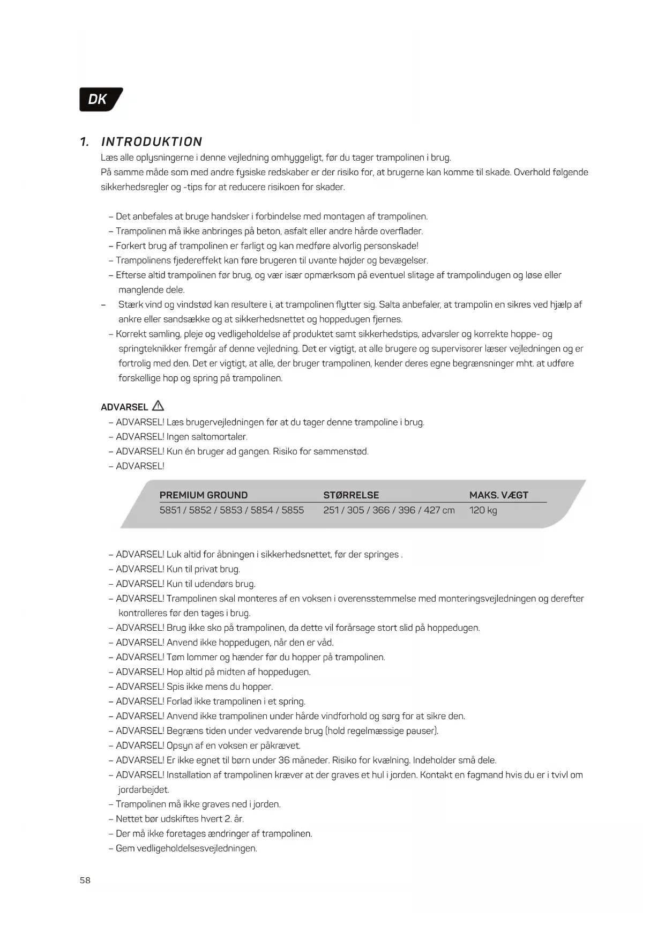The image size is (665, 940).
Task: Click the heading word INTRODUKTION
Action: (x=152, y=142)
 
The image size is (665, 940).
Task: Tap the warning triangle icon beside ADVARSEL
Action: (x=158, y=406)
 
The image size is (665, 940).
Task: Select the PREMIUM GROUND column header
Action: (x=204, y=495)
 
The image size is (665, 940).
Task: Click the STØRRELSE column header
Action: (x=351, y=495)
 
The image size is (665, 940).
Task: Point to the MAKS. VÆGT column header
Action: (x=498, y=495)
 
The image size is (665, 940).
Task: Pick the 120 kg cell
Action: (x=483, y=510)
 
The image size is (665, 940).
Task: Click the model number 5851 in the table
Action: (x=170, y=510)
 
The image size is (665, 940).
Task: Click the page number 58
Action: (x=85, y=880)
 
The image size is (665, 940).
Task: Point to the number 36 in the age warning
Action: (x=283, y=760)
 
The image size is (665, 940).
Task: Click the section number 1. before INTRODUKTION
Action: (x=85, y=142)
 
